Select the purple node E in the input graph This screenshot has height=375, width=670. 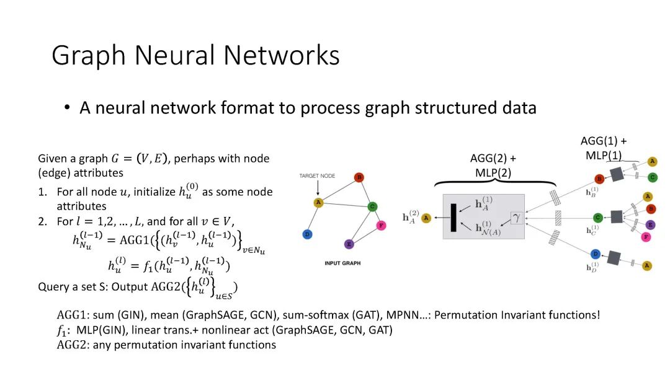(349, 244)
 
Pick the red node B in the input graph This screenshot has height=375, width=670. (359, 177)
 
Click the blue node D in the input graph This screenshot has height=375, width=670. (306, 234)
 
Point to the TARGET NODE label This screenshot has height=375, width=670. (317, 176)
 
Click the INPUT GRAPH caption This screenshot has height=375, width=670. (341, 263)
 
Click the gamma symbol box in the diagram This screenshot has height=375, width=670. (516, 218)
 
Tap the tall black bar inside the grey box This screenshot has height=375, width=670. (454, 218)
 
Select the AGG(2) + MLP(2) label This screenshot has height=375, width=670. (493, 165)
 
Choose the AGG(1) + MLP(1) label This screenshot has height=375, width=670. (604, 148)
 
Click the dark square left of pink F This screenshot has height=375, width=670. (616, 216)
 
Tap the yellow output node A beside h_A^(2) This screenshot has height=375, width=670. (426, 218)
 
